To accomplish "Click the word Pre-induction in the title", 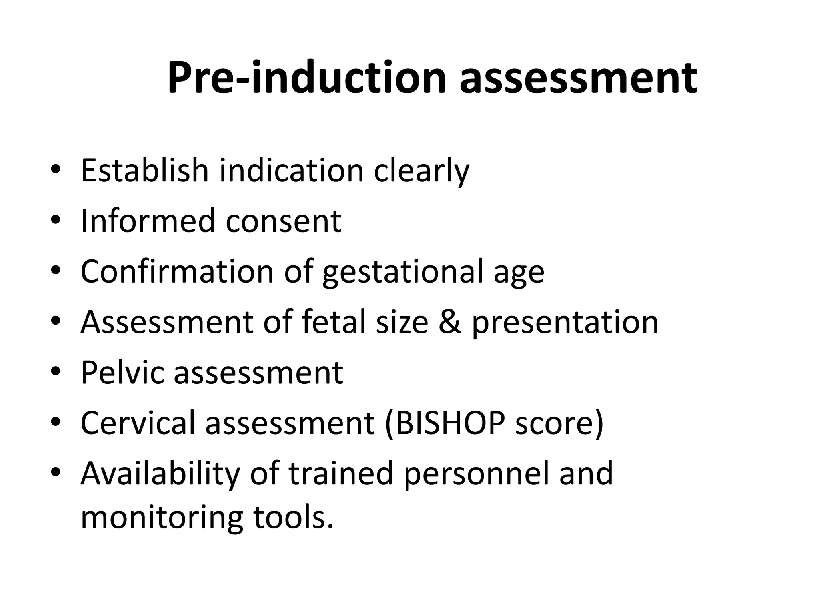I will [306, 78].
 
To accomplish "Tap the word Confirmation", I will [177, 271].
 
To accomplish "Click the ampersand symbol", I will [450, 322].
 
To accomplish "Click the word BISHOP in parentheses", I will [450, 423].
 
